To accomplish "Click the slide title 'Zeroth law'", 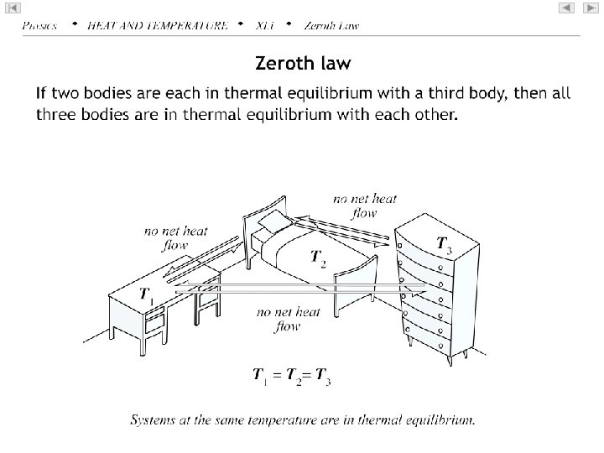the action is tap(302, 63).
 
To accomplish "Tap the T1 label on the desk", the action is tap(146, 294).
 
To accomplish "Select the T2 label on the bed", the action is tap(319, 258).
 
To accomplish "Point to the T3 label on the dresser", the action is tap(445, 244).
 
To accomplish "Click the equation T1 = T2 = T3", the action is tap(292, 377).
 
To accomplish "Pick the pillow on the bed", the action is tap(273, 221).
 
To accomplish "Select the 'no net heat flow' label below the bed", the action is tap(288, 320).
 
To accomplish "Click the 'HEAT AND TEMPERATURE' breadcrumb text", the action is tap(157, 25).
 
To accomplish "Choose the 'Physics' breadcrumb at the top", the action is tap(40, 25).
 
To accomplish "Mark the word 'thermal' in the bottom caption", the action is tap(384, 419).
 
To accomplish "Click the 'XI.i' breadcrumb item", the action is tap(264, 25).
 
